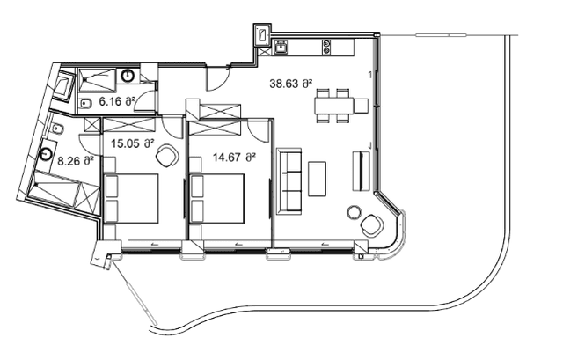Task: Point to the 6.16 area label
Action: (116, 102)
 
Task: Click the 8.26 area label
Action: (75, 161)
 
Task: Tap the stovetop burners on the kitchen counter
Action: (327, 44)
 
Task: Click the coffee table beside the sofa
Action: (317, 180)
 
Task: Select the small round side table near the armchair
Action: (354, 212)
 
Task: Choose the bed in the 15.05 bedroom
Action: (132, 198)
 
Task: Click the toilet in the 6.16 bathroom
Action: (88, 104)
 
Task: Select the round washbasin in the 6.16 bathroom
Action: (128, 77)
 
